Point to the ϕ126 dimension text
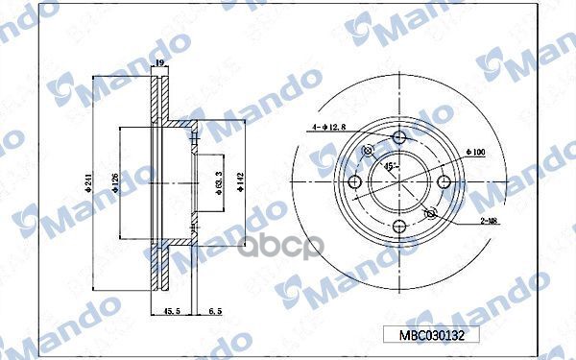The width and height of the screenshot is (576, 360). (x=114, y=180)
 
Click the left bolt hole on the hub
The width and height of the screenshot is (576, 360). (x=353, y=181)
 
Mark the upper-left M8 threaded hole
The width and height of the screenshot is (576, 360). (x=366, y=151)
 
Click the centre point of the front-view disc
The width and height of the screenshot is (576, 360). (x=396, y=181)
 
